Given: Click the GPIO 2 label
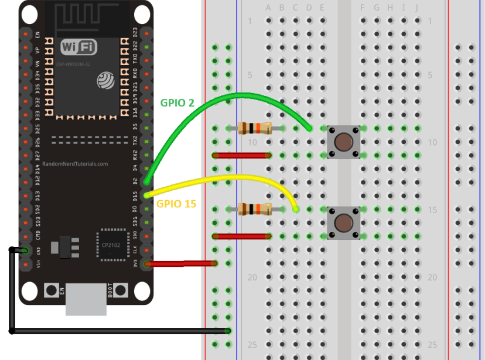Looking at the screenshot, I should [177, 103].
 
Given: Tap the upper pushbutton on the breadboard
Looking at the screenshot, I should [343, 141].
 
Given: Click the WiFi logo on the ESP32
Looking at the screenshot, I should [79, 47].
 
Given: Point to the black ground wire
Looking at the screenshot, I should [117, 331].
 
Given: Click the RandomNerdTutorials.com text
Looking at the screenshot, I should [76, 164].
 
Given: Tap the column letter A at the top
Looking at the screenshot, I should [268, 8].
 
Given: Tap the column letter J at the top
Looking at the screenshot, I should [417, 8].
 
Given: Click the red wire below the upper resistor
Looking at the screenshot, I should [242, 155].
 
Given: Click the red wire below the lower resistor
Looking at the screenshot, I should [242, 236].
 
